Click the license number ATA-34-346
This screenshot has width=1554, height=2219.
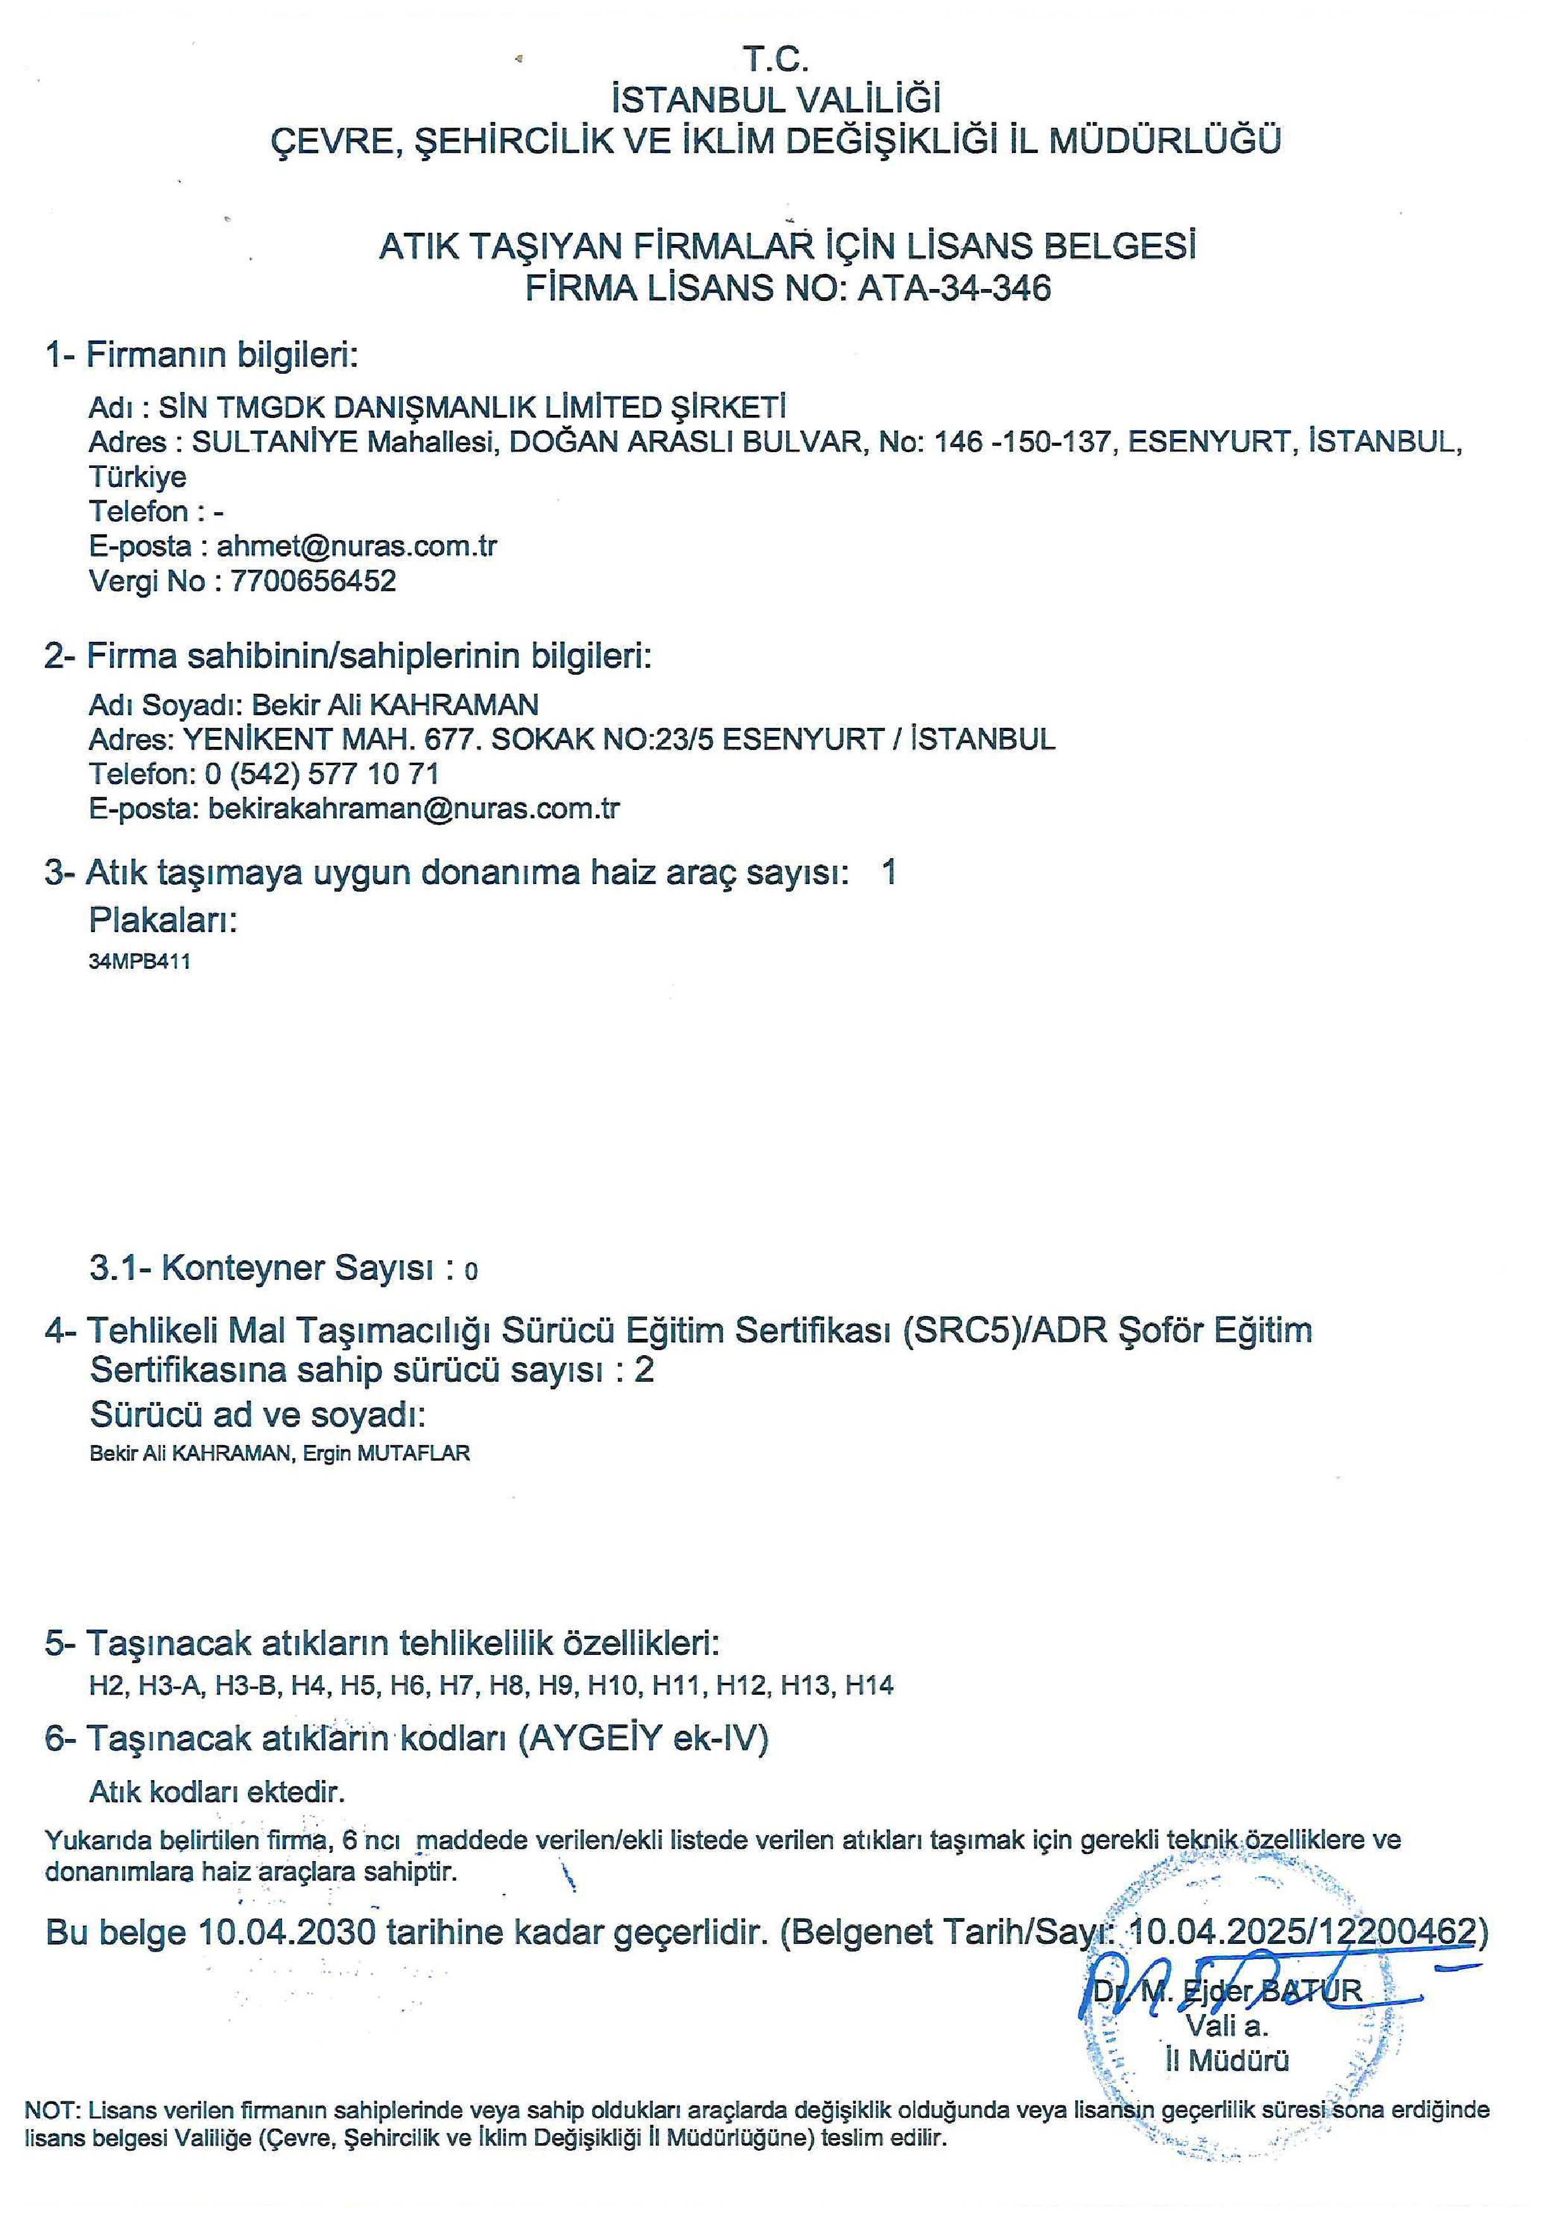coord(954,288)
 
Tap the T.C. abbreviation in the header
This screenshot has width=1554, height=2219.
coord(775,60)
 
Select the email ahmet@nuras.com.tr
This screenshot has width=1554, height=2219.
coord(357,546)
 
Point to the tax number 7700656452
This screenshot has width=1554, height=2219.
coord(313,581)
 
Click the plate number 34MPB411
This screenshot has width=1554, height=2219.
coord(139,962)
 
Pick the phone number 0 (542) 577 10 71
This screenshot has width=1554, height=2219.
coord(322,774)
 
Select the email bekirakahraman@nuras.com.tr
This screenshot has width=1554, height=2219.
coord(414,809)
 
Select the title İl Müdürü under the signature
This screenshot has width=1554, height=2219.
coord(1226,2060)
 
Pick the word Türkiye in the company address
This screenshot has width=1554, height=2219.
coord(137,476)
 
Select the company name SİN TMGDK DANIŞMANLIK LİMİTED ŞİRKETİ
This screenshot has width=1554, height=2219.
coord(472,407)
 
